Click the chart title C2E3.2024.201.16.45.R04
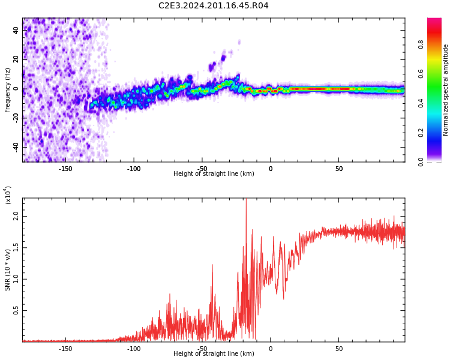pos(213,5)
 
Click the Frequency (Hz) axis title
pos(7,91)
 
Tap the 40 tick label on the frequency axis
pos(16,30)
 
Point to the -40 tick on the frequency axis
pos(16,147)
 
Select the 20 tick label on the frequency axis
pos(16,59)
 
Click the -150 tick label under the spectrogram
pos(65,169)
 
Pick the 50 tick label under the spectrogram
pos(339,169)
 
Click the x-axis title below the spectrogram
pos(214,173)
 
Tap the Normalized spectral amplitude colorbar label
pos(445,90)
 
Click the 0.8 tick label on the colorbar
pos(421,44)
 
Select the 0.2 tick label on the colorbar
pos(421,133)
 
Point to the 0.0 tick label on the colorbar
pos(421,162)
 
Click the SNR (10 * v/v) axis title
pos(7,270)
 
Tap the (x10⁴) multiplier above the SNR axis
pos(8,195)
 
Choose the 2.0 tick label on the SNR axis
pos(16,216)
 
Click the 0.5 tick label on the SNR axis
pos(16,311)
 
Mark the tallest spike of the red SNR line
pos(246,199)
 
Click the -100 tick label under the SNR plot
pos(134,349)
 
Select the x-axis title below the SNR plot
pos(214,353)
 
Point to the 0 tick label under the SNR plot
pos(271,349)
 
